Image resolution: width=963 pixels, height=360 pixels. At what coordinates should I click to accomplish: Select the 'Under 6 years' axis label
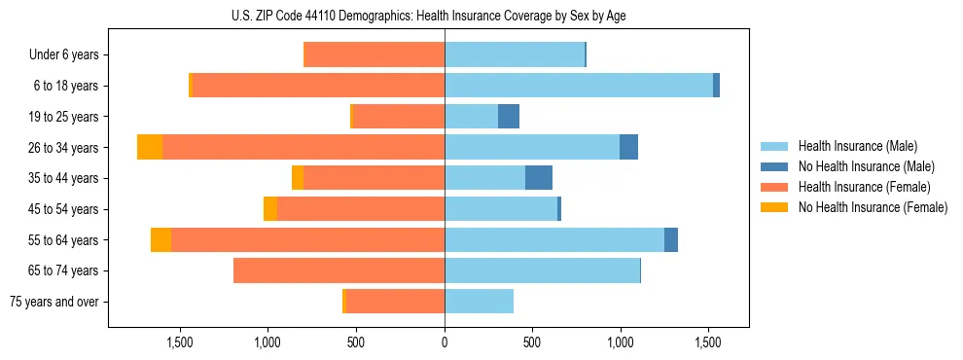64,55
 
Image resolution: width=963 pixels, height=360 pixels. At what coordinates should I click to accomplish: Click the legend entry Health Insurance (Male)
857,146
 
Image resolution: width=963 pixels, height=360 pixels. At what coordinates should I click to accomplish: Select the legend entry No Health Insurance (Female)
872,207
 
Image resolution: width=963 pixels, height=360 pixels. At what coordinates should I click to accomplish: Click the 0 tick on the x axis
445,342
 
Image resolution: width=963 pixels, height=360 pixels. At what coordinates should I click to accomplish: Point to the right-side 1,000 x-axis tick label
621,342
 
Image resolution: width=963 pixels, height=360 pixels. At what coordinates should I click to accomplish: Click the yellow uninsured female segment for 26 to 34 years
150,147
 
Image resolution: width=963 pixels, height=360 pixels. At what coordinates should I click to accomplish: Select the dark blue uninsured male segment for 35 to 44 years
539,178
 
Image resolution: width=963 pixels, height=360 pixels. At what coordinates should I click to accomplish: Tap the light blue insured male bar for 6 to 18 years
579,86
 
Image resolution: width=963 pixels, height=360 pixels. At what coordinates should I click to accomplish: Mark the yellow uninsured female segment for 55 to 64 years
160,239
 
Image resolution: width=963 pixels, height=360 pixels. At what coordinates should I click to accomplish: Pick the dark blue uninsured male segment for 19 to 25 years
509,117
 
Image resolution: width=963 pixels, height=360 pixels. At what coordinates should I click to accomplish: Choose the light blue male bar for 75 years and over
479,302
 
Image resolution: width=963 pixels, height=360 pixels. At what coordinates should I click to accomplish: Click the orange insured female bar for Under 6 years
374,55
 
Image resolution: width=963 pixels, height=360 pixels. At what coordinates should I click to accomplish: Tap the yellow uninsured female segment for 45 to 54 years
270,209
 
